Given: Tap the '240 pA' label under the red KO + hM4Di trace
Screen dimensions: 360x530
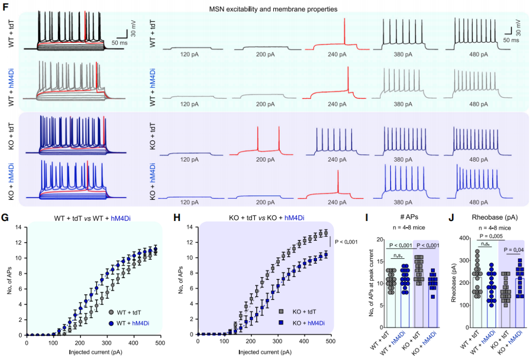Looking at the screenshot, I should pos(338,201).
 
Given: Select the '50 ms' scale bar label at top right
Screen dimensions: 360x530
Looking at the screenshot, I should pos(511,40).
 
